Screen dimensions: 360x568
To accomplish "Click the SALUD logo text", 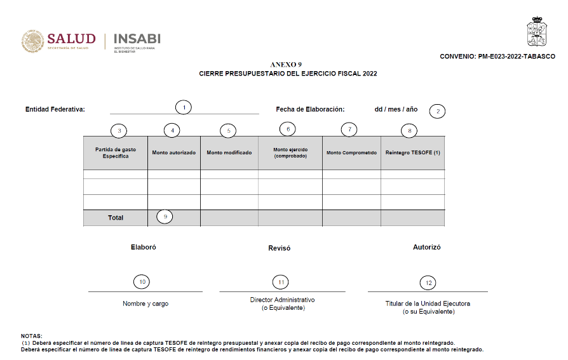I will pyautogui.click(x=71, y=39).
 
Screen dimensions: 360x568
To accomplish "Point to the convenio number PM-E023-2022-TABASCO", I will pyautogui.click(x=497, y=57).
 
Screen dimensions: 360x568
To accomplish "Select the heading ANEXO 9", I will pyautogui.click(x=286, y=65).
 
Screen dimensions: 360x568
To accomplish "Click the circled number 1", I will pyautogui.click(x=184, y=107).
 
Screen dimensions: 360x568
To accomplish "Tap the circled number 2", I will pyautogui.click(x=437, y=111).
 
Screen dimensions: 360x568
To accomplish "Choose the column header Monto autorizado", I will pyautogui.click(x=173, y=153).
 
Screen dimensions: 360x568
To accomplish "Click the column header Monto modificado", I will pyautogui.click(x=229, y=153).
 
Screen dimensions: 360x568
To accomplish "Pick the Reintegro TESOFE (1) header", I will pyautogui.click(x=413, y=153).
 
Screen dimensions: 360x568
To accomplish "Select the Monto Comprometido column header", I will pyautogui.click(x=351, y=153).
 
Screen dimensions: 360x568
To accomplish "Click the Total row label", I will pyautogui.click(x=116, y=218).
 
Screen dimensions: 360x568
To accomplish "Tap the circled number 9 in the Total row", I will pyautogui.click(x=165, y=217).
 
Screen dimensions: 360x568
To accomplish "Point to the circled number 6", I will pyautogui.click(x=288, y=129).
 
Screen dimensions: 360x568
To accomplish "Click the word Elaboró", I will pyautogui.click(x=143, y=248).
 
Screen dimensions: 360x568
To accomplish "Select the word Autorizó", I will pyautogui.click(x=426, y=248).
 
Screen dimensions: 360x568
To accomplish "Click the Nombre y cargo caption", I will pyautogui.click(x=145, y=303).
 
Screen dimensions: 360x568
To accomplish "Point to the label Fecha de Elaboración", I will pyautogui.click(x=309, y=109).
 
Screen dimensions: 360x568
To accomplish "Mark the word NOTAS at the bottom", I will pyautogui.click(x=31, y=335).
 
